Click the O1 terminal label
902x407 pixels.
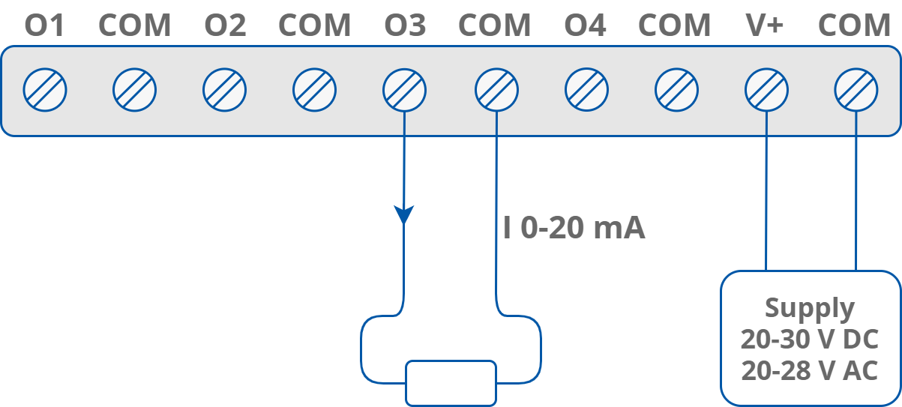[45, 26]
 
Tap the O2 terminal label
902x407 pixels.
[225, 26]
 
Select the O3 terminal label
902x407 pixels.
[405, 26]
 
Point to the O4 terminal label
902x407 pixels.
[585, 26]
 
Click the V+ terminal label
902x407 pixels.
[765, 26]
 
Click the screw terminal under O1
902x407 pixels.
[45, 91]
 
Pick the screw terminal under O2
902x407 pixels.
[225, 91]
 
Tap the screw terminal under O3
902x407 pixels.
[405, 91]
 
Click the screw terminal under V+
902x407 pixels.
[766, 91]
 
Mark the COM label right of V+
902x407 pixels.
[854, 26]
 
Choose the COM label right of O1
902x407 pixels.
[135, 26]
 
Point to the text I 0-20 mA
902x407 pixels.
[574, 229]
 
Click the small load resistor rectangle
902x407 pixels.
[451, 383]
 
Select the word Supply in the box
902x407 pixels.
[810, 308]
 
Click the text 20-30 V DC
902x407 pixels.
[810, 339]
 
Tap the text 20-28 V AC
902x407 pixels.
[810, 370]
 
